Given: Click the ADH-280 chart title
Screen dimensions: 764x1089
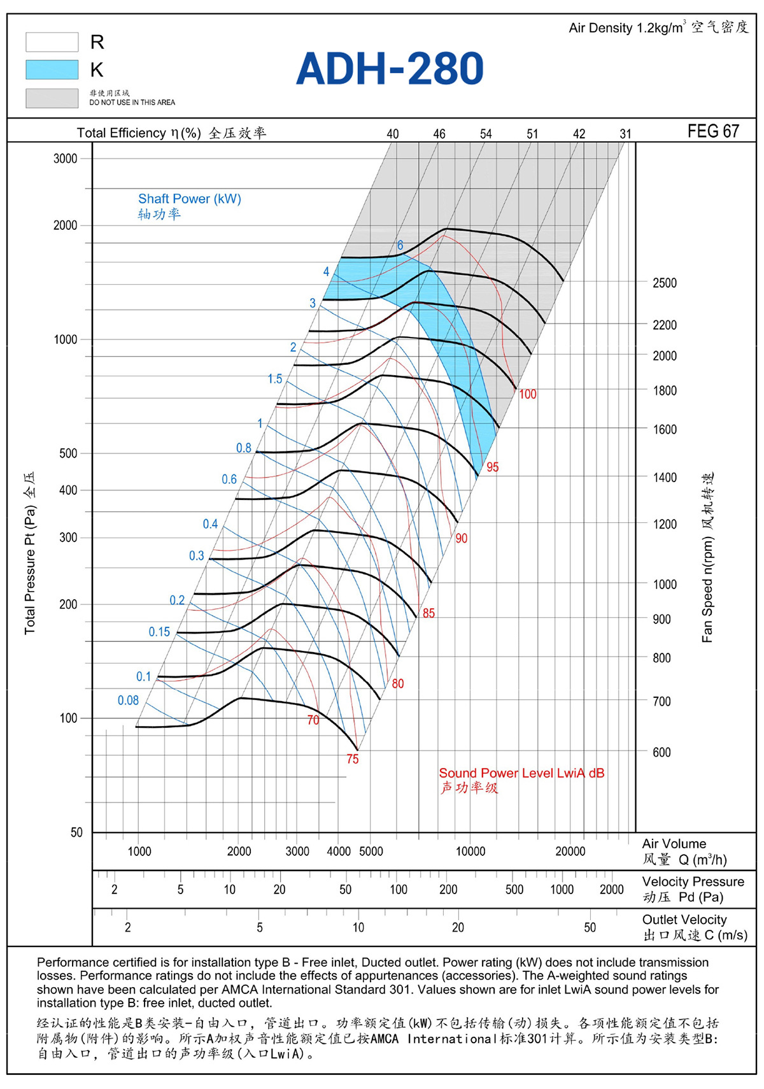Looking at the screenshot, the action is (x=390, y=68).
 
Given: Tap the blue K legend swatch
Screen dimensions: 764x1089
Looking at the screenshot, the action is (x=52, y=69).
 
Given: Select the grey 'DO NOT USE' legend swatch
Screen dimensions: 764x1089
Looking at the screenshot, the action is (x=52, y=97).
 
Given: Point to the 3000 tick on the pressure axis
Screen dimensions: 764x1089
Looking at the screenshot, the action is (x=65, y=159).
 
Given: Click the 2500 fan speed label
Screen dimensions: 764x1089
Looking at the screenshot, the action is (x=665, y=283).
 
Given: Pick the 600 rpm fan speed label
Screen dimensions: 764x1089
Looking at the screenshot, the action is (x=661, y=752).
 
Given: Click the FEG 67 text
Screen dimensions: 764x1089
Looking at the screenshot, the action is (x=713, y=131).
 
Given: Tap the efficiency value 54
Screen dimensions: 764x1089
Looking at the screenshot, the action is (x=486, y=134).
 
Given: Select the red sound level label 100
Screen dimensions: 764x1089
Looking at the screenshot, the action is (x=527, y=394).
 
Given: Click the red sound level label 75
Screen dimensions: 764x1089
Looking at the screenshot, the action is (x=352, y=759).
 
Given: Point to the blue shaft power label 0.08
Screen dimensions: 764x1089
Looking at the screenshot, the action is (x=129, y=700).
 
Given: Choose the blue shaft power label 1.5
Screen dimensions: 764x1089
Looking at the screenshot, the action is (x=274, y=379).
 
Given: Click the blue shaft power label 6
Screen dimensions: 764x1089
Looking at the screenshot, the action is (x=400, y=245).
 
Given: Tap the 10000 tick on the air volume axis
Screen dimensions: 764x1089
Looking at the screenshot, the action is (x=470, y=851).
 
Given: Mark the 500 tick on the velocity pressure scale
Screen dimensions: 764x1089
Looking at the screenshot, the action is (x=514, y=889).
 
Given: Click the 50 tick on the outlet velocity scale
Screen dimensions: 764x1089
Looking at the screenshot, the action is (x=590, y=927).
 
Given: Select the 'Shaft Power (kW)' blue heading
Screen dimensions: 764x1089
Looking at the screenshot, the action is (x=190, y=199).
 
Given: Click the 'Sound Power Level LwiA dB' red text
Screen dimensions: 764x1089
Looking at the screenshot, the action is (x=521, y=773).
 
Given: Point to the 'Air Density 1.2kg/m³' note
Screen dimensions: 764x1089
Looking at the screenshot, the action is (x=627, y=27).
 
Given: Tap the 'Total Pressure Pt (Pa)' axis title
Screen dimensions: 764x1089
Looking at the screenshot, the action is (x=30, y=570).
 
